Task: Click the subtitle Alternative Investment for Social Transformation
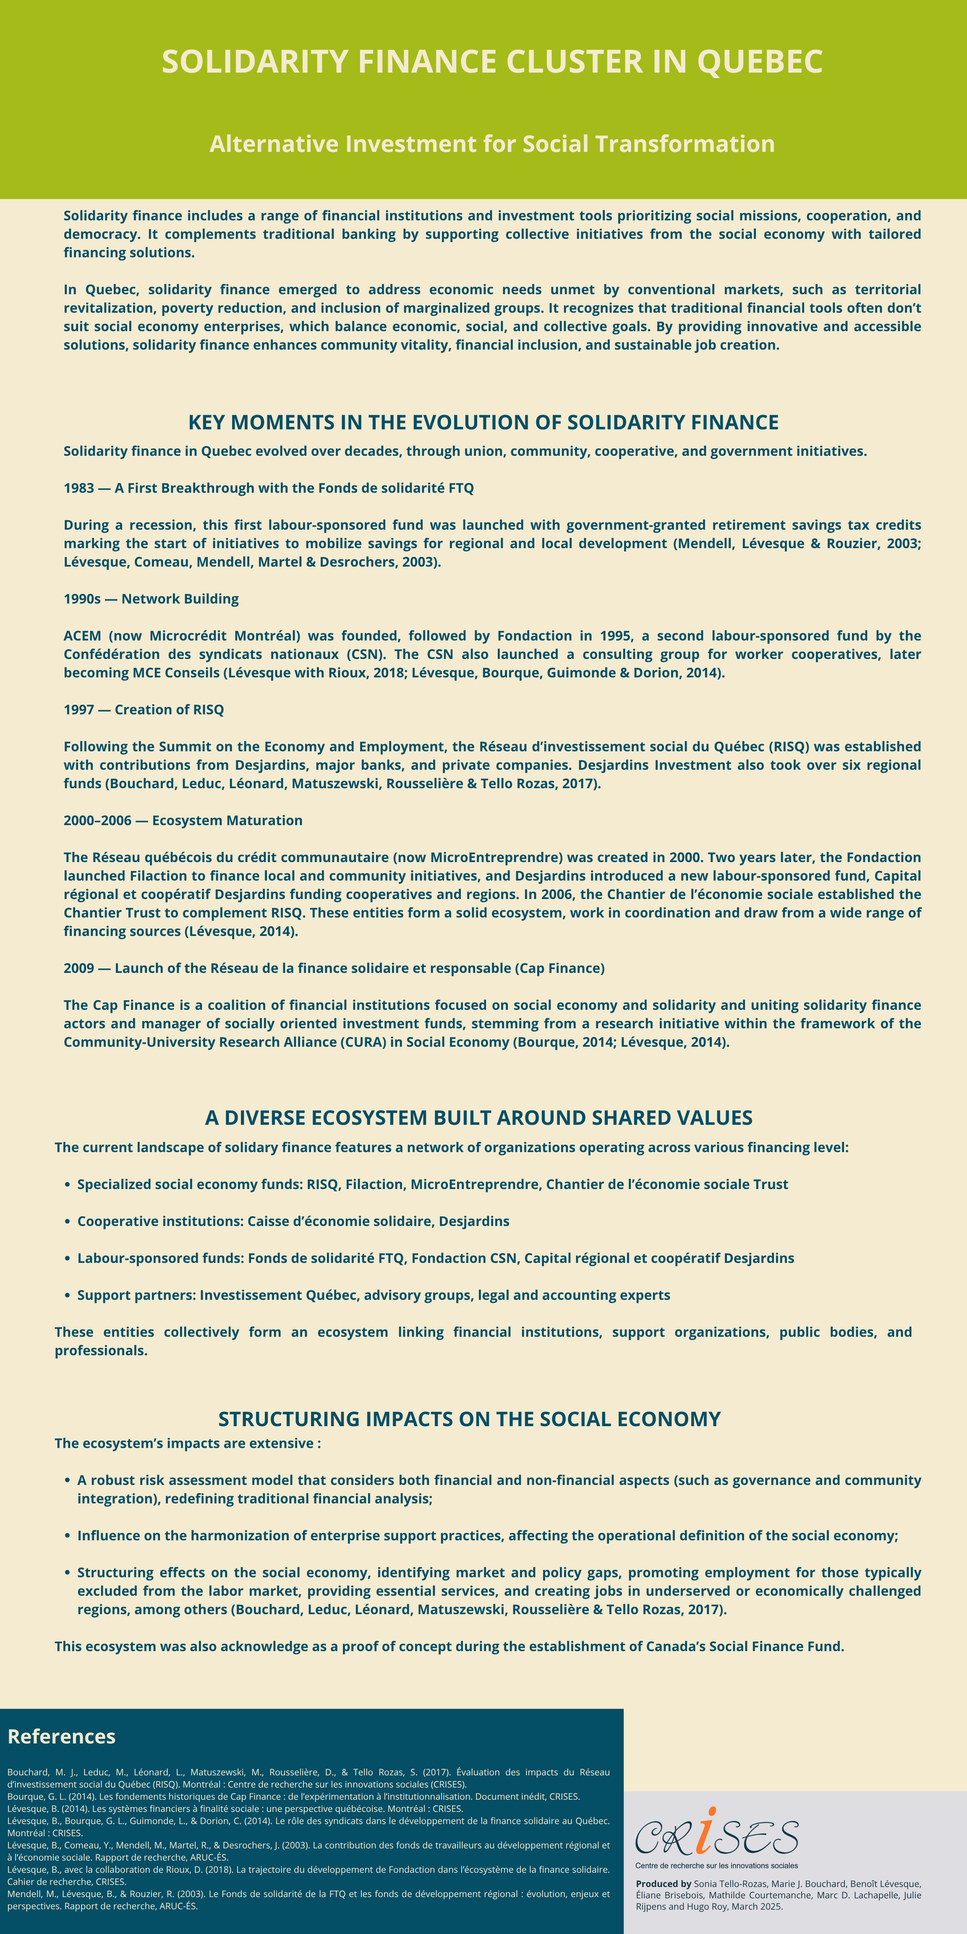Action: pos(492,144)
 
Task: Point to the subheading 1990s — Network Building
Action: pos(151,598)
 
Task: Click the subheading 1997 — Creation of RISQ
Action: pos(144,709)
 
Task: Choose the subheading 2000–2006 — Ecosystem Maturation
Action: pos(183,820)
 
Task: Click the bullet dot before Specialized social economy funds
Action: pos(68,1185)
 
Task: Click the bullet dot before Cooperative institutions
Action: pos(68,1221)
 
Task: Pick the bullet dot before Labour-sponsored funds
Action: pos(68,1258)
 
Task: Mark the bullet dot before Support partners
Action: pos(68,1295)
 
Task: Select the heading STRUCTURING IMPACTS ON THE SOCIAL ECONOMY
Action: pos(469,1419)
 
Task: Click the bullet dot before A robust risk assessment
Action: pos(68,1481)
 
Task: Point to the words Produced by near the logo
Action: pos(663,1884)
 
